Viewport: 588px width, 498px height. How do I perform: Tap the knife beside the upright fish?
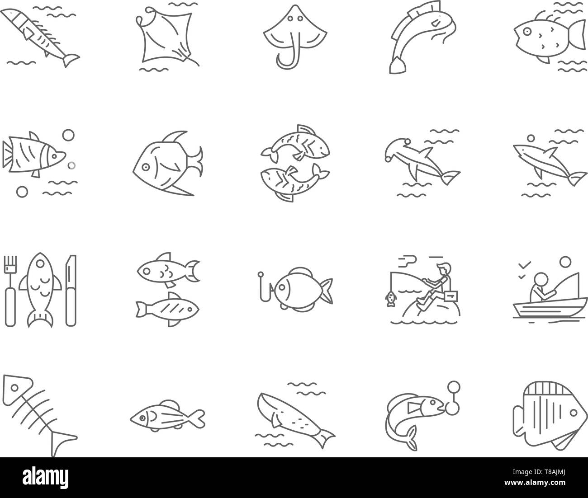71,289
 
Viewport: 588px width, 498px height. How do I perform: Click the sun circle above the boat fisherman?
564,262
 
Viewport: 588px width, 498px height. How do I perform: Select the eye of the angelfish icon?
145,167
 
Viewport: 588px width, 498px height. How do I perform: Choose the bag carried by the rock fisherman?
448,296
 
